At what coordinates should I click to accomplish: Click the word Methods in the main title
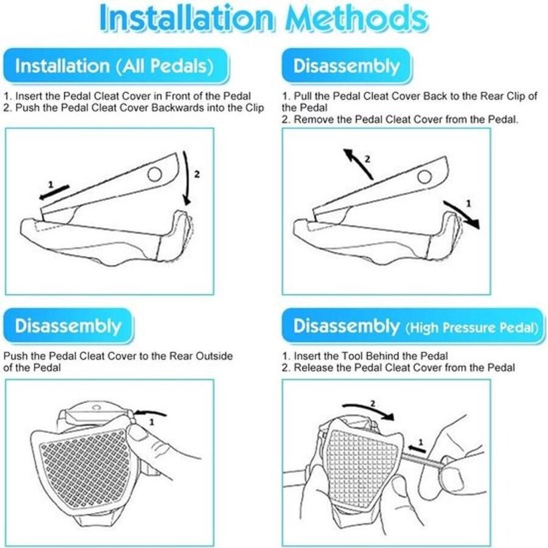pos(356,18)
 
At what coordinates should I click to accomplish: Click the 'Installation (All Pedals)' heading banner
pos(116,66)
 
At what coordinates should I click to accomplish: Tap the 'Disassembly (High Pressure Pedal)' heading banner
pos(413,326)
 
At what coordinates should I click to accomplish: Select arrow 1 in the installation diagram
pos(54,192)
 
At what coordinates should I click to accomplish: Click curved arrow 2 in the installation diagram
pos(189,178)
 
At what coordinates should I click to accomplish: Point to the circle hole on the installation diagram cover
pos(155,174)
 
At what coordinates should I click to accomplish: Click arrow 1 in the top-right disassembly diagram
pos(462,214)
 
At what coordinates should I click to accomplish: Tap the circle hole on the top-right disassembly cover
pos(424,177)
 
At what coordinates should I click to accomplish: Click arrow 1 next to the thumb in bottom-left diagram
pos(150,413)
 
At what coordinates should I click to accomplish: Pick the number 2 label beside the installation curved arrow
pos(197,174)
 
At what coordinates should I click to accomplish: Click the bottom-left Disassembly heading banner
pos(68,326)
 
